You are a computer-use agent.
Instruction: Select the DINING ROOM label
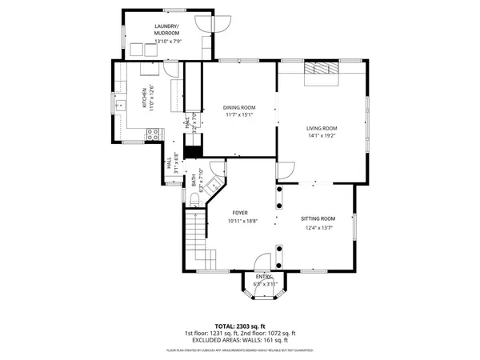pos(238,107)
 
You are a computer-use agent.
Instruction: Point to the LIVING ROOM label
pos(322,128)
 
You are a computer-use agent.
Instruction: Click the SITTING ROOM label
pos(318,218)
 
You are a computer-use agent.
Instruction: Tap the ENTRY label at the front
pos(264,277)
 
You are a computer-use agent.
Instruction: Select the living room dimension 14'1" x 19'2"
pos(322,136)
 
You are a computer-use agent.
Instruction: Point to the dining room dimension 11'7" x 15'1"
pos(238,114)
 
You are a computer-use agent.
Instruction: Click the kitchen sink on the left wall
pos(121,105)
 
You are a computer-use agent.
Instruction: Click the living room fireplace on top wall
pos(322,70)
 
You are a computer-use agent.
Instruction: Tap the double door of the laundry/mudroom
pos(218,22)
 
